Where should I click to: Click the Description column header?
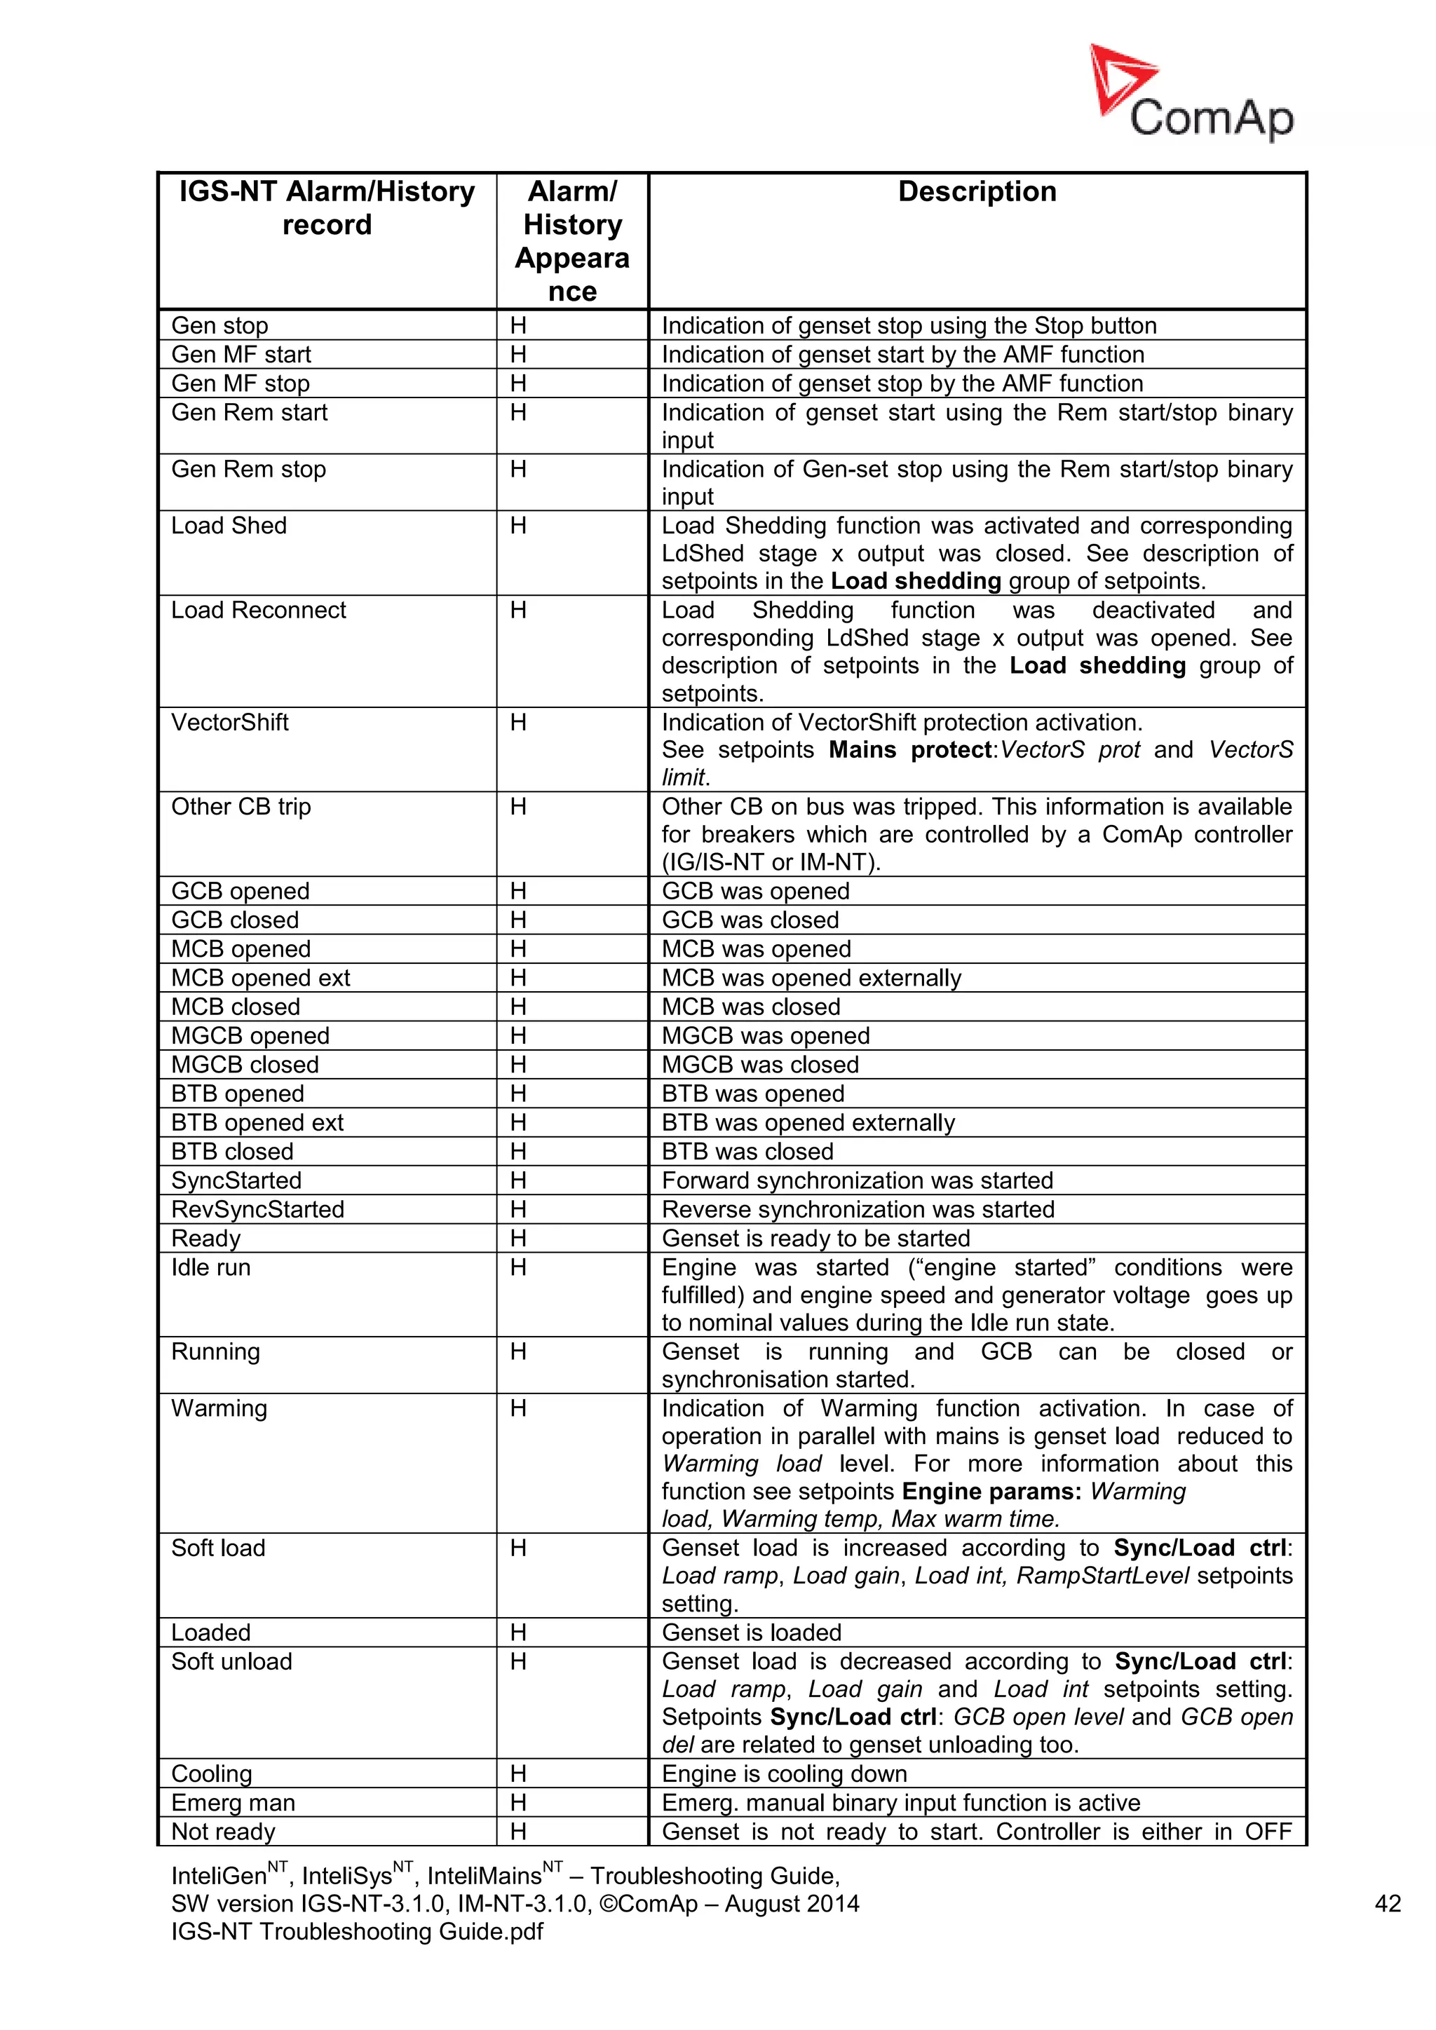click(976, 192)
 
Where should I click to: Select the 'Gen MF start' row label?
click(241, 355)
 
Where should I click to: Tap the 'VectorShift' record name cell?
click(230, 723)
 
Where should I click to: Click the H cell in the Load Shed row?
click(518, 526)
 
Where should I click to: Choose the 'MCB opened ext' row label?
click(260, 978)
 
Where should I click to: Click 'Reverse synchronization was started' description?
click(858, 1209)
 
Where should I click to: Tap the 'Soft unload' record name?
click(231, 1661)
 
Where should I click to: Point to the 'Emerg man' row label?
click(233, 1803)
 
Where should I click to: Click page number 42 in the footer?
click(1388, 1904)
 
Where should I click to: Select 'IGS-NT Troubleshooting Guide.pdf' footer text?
click(356, 1932)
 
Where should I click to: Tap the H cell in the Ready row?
click(518, 1239)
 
